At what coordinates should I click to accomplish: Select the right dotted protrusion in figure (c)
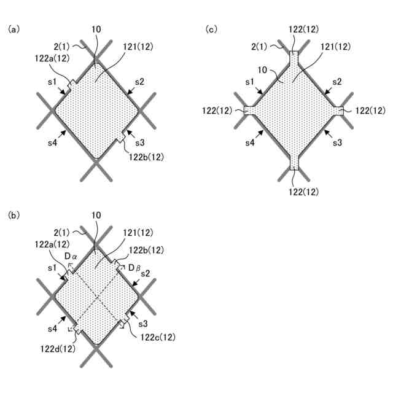(338, 111)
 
